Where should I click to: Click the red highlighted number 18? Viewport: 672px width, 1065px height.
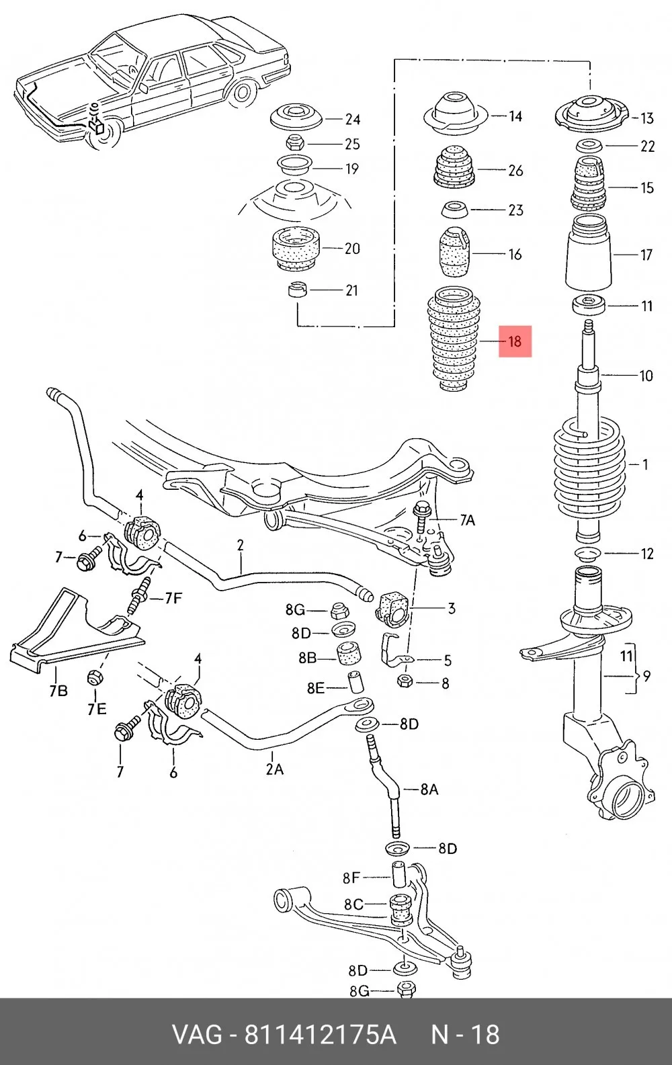pos(515,341)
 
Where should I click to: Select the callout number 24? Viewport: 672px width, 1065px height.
pos(352,120)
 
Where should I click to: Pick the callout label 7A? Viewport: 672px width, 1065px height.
pos(467,520)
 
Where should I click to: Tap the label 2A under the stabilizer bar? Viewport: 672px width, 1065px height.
pos(274,769)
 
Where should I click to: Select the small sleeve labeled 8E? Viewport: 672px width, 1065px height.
pos(357,682)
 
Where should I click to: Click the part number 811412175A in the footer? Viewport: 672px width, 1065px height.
pos(320,1035)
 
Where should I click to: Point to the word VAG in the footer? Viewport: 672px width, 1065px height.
pos(196,1035)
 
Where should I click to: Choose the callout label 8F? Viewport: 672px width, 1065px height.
pos(351,878)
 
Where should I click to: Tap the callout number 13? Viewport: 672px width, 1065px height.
pos(646,118)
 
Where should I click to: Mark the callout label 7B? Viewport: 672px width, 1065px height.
pos(58,691)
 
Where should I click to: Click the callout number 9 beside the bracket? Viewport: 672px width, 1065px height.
pos(646,675)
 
